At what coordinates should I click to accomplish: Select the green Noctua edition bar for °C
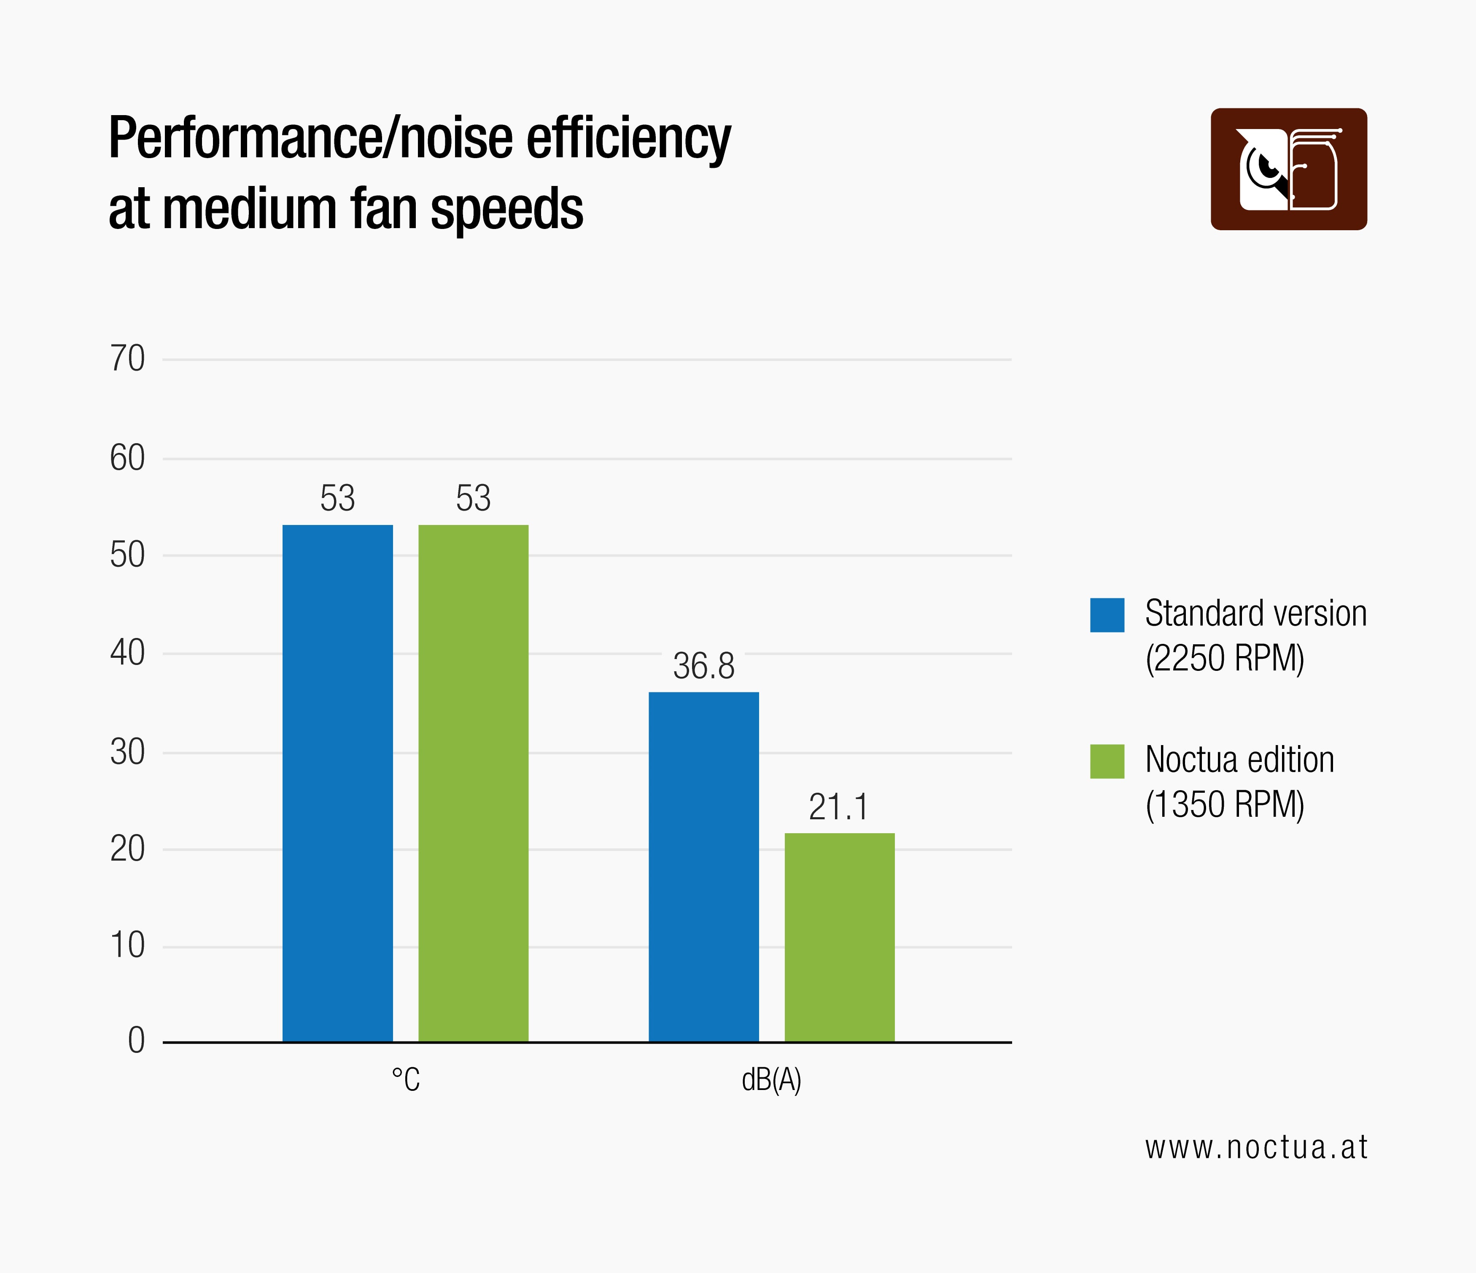(473, 783)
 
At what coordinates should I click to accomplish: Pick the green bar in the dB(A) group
(839, 937)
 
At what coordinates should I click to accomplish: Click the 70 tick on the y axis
(127, 359)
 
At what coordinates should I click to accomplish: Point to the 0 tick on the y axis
(136, 1041)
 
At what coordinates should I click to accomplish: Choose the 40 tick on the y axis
(127, 653)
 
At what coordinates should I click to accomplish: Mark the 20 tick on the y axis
(127, 849)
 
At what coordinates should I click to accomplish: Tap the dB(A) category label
(771, 1080)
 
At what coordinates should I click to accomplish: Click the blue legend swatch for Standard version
(1107, 615)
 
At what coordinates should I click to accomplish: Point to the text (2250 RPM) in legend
(1225, 658)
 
